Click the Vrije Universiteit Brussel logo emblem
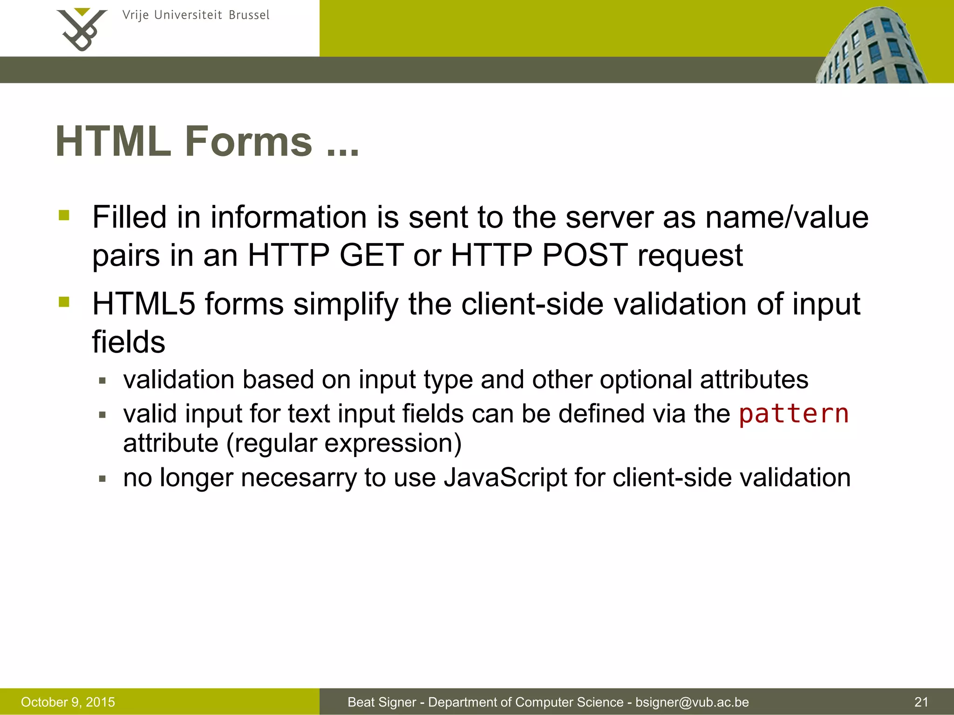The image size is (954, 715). click(x=82, y=29)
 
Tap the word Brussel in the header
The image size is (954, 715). click(x=249, y=15)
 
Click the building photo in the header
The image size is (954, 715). click(x=871, y=47)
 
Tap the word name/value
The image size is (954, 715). click(x=787, y=217)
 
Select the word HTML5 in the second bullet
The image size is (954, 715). click(x=143, y=304)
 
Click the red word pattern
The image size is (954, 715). click(x=794, y=413)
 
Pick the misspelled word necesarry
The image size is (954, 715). click(x=298, y=478)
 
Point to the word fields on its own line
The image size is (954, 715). click(x=129, y=342)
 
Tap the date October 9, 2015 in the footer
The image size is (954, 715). click(x=68, y=702)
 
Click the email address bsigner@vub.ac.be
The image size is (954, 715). click(x=692, y=702)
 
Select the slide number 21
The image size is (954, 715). click(x=921, y=702)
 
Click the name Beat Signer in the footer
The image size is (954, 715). click(x=382, y=702)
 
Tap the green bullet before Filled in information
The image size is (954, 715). click(x=64, y=215)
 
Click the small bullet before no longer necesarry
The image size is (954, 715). click(x=102, y=479)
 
